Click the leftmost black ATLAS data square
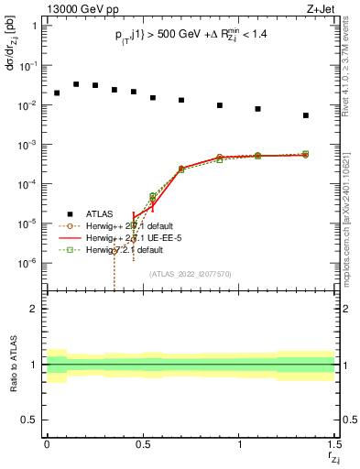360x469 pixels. click(57, 93)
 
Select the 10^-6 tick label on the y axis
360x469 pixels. click(28, 263)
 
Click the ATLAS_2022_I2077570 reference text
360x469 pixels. click(189, 273)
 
